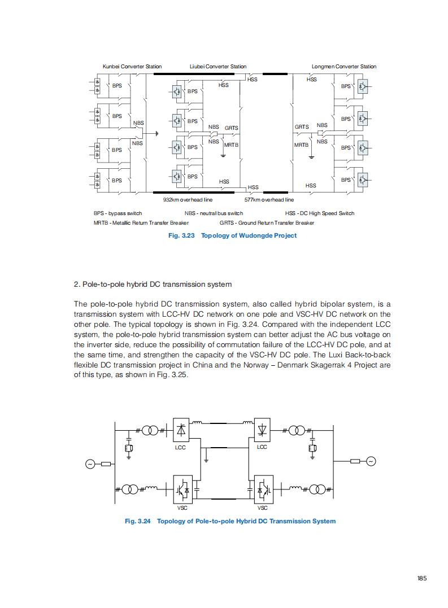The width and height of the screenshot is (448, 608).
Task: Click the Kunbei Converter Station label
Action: coord(132,67)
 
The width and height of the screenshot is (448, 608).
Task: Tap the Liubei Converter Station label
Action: coord(218,67)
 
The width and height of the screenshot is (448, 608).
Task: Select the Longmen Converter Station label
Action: coord(343,67)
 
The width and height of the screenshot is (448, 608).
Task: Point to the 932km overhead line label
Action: coord(188,199)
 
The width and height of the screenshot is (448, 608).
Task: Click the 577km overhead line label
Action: coord(269,199)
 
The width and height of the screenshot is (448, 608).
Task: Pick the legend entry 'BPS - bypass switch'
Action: coord(118,213)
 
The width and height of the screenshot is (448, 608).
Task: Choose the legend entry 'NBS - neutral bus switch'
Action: coord(214,213)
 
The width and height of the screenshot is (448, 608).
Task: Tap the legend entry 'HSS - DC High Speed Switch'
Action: coord(320,213)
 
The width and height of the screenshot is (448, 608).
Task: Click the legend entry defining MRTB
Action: coord(141,222)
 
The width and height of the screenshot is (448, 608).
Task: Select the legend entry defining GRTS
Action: coord(267,222)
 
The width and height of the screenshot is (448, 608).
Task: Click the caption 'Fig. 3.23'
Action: coord(181,235)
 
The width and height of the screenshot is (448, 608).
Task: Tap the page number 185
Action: coord(422,578)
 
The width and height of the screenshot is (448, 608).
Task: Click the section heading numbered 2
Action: coord(153,283)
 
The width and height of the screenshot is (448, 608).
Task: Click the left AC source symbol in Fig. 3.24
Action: coord(89,464)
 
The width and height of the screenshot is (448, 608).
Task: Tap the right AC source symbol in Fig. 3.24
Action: coord(371,461)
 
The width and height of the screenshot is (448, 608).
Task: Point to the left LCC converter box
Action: coord(180,430)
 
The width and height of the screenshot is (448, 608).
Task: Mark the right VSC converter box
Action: coord(263,489)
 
